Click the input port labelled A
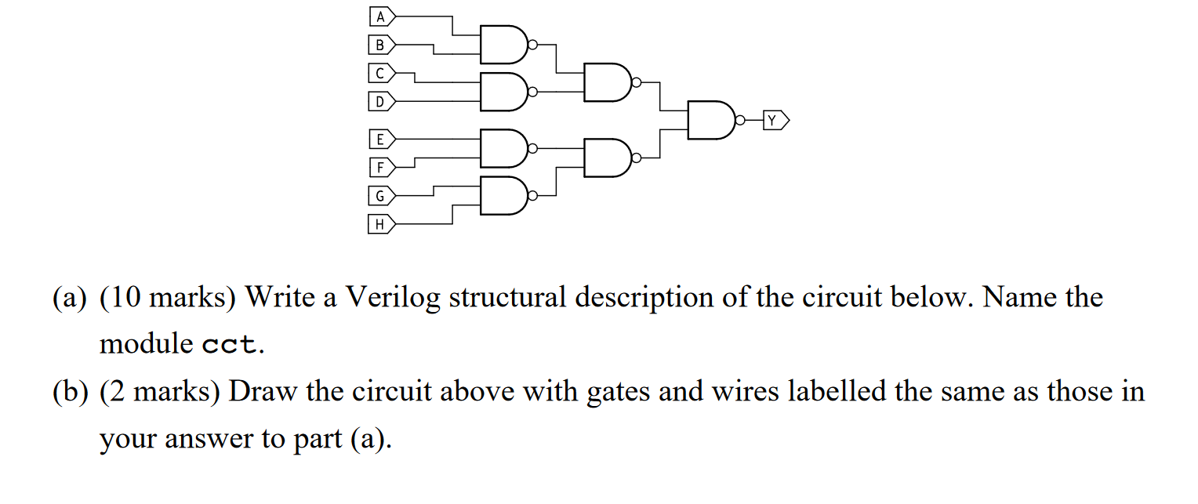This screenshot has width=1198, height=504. pyautogui.click(x=382, y=16)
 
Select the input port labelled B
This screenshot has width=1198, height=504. pyautogui.click(x=382, y=45)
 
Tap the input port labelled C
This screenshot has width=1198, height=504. pyautogui.click(x=382, y=74)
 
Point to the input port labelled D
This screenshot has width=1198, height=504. pyautogui.click(x=382, y=101)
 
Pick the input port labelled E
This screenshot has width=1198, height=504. pyautogui.click(x=382, y=140)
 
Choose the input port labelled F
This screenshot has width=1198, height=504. pyautogui.click(x=382, y=167)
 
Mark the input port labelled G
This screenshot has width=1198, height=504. pyautogui.click(x=382, y=196)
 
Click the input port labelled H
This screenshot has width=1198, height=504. pyautogui.click(x=382, y=224)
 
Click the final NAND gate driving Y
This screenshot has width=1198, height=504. pyautogui.click(x=710, y=120)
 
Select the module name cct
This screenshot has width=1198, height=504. pyautogui.click(x=229, y=345)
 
